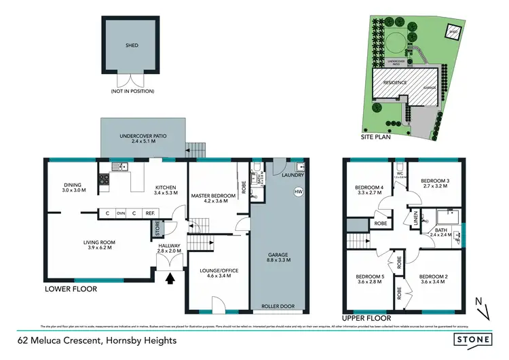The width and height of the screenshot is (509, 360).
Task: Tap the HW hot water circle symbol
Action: coord(298,192)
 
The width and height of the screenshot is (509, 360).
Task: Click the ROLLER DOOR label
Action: coord(278,306)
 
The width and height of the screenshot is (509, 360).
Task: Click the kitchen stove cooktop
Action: coord(105,180)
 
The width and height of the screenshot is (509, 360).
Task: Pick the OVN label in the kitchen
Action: coord(121,213)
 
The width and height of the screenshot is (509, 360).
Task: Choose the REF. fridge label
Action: coord(149,213)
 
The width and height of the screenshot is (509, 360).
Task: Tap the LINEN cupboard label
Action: coord(415,219)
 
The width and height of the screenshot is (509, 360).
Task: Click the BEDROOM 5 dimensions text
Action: coord(369,282)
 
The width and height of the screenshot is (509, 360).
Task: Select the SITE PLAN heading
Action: coord(377,136)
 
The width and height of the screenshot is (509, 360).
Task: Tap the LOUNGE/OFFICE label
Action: coord(218,270)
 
